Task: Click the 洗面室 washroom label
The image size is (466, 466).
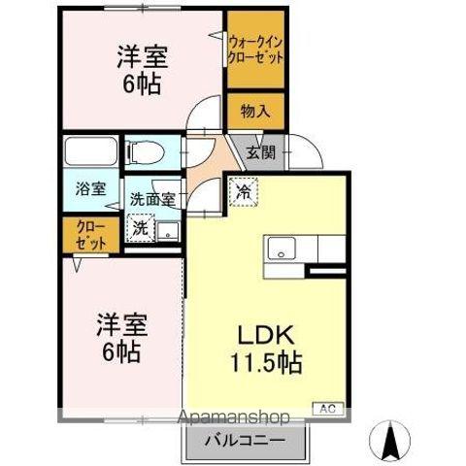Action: pos(153,200)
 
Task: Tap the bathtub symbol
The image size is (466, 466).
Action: pos(92,152)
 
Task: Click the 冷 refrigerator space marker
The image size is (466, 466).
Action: pos(242,191)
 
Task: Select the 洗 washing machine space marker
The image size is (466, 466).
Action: pos(140,230)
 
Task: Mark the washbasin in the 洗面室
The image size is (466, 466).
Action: pos(168,231)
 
